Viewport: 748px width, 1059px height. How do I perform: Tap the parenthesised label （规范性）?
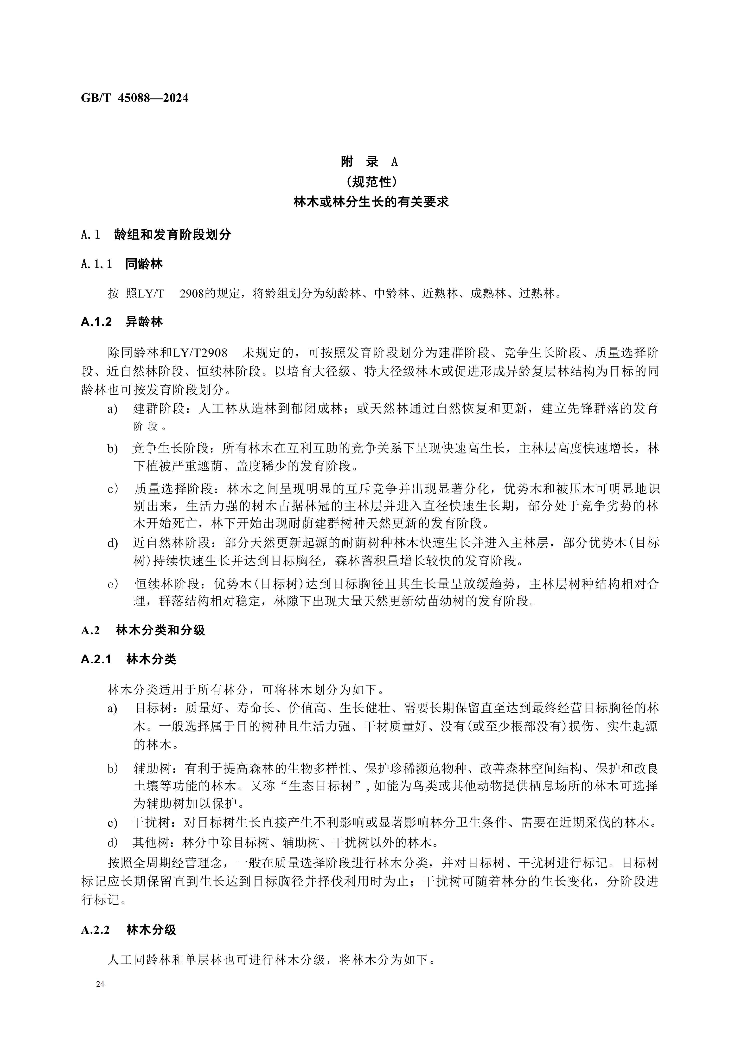[x=371, y=182]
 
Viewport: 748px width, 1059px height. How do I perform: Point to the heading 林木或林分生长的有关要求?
[x=371, y=202]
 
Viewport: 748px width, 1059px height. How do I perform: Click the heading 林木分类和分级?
[x=160, y=631]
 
